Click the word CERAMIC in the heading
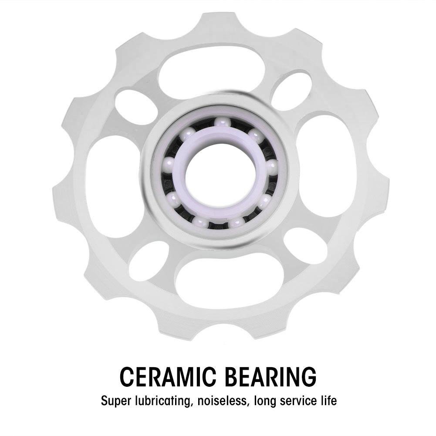click(168, 376)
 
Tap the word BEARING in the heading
click(270, 376)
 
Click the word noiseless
click(222, 401)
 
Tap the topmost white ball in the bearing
click(223, 124)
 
